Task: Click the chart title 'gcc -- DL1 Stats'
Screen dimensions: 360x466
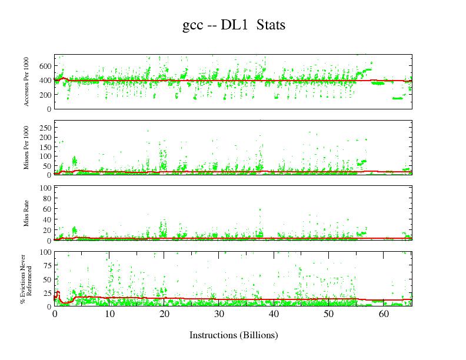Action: coord(234,26)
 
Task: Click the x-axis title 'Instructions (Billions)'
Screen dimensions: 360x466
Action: coord(234,335)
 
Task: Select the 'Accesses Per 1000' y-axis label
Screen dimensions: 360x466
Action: coord(27,82)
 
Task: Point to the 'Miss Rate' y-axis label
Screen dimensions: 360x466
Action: coord(27,214)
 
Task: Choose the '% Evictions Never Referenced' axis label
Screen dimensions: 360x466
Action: coord(26,279)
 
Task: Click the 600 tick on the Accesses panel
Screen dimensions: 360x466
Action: coord(46,66)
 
